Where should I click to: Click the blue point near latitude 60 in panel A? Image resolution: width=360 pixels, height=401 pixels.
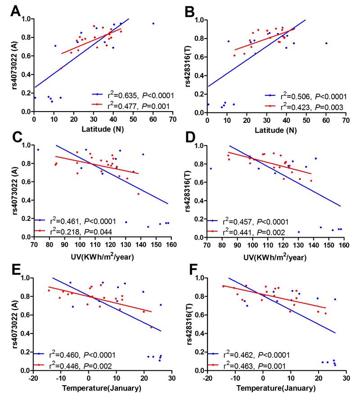(153, 23)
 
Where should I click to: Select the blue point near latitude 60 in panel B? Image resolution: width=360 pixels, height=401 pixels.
(326, 43)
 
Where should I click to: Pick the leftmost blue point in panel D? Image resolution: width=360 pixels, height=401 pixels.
(211, 168)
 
